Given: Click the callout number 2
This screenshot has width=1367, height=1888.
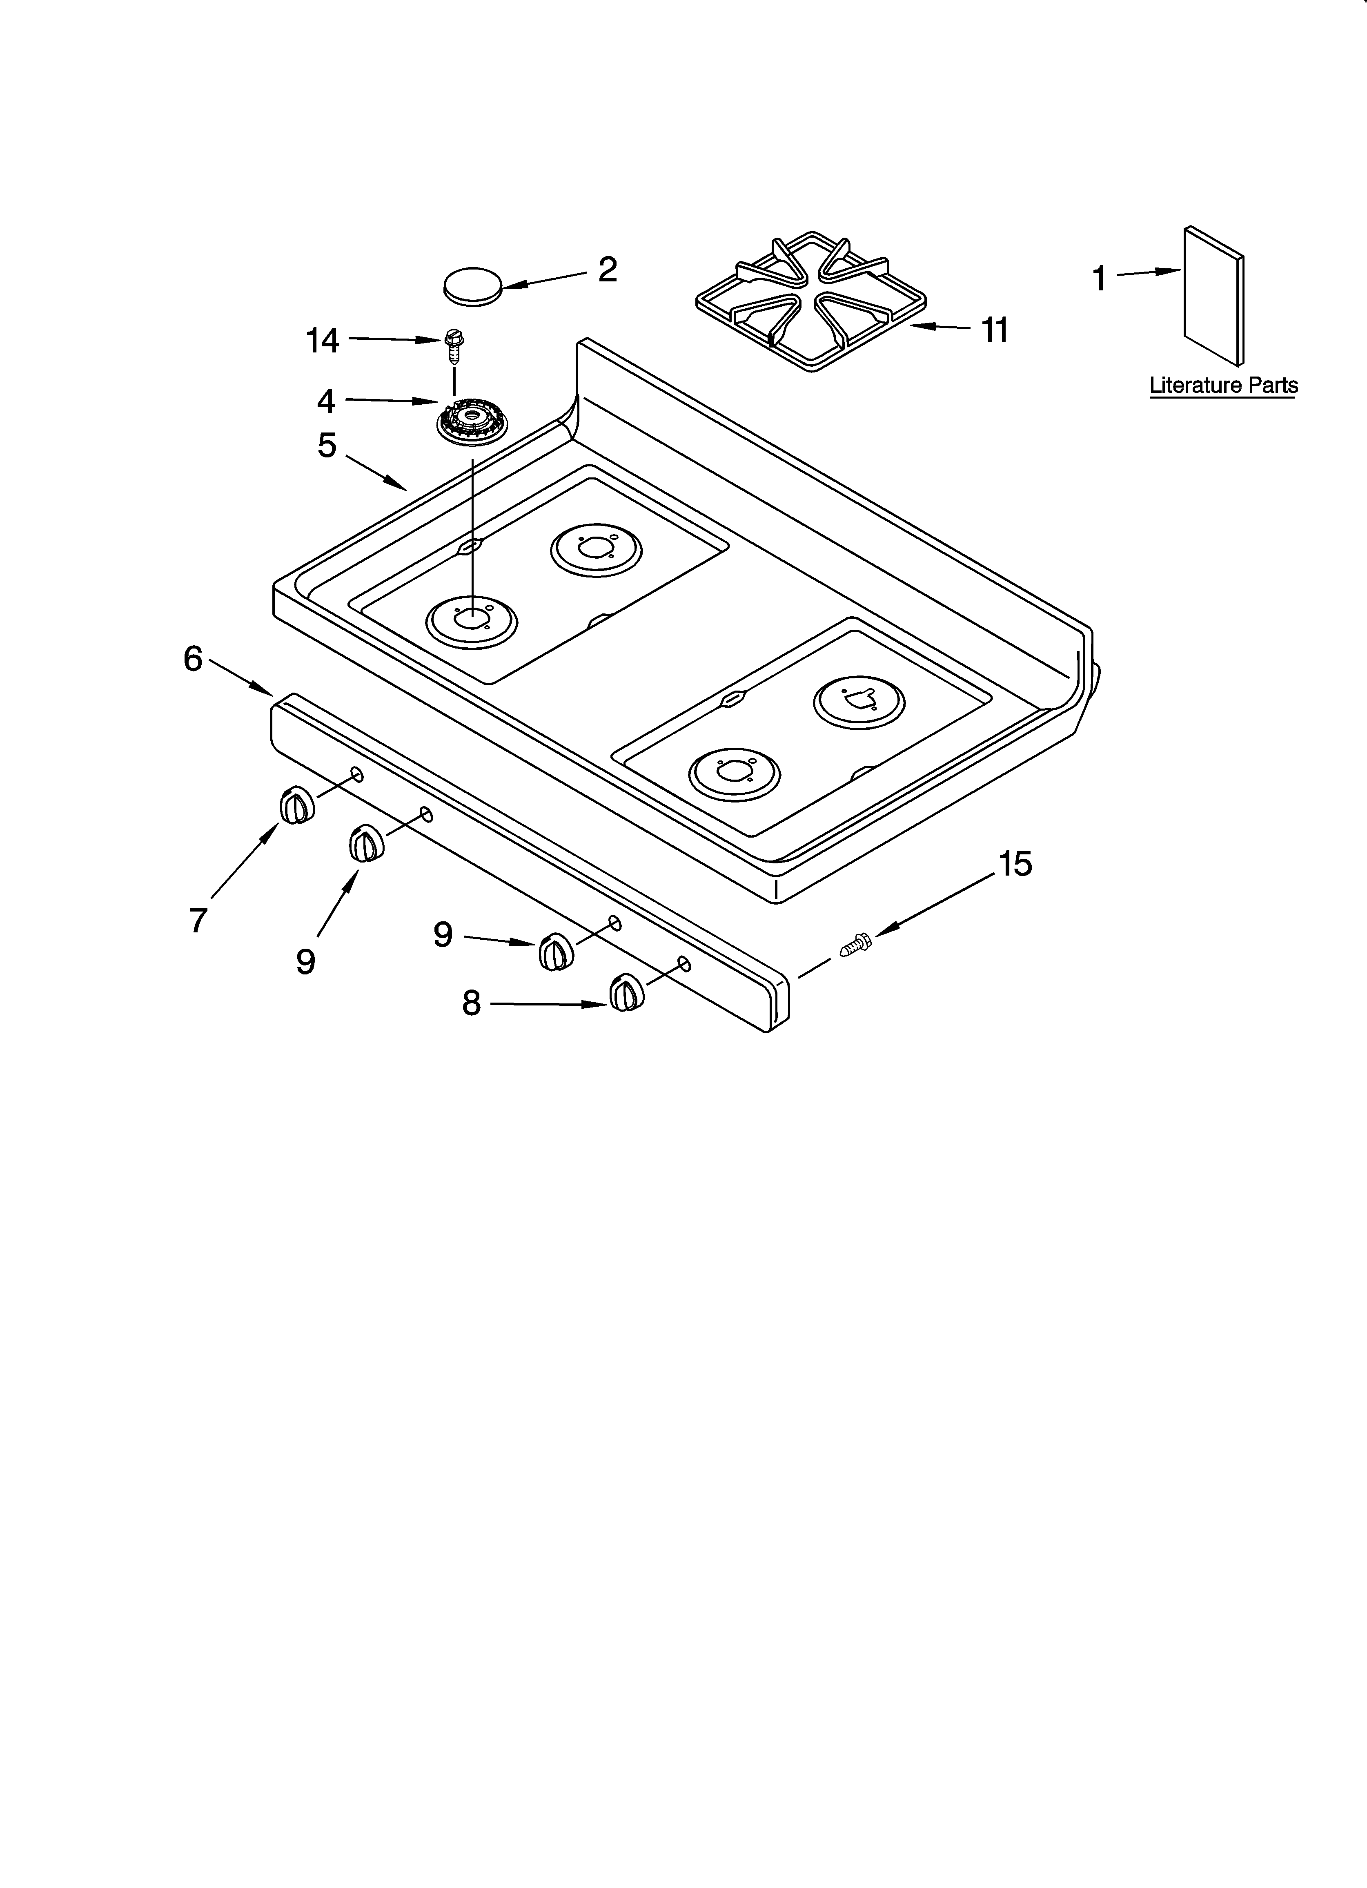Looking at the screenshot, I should click(x=608, y=270).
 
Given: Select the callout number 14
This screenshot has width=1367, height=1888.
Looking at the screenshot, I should click(x=323, y=341).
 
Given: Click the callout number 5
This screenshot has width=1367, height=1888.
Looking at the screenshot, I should click(x=327, y=446).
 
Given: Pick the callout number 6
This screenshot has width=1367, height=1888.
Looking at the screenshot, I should click(x=193, y=659).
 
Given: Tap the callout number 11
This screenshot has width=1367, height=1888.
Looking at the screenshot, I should click(x=996, y=330).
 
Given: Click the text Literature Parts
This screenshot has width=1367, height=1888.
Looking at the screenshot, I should click(x=1223, y=386).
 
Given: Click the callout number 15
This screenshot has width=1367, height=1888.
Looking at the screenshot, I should click(x=1015, y=864).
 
